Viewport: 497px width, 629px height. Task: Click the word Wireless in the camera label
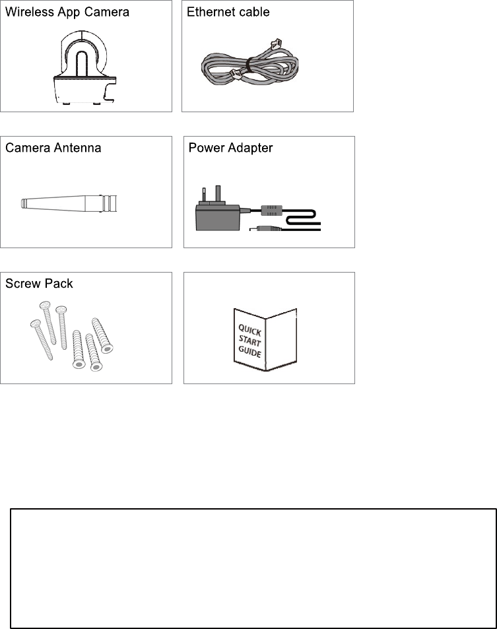[x=29, y=12]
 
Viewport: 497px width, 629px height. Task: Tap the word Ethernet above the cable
[x=211, y=12]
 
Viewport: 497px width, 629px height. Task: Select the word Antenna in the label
[x=77, y=148]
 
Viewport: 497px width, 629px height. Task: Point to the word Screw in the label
[x=23, y=284]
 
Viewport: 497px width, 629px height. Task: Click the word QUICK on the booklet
[x=249, y=331]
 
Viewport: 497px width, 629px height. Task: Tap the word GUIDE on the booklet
[x=249, y=352]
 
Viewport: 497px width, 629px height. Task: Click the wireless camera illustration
[x=84, y=67]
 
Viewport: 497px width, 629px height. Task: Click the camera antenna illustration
[x=69, y=203]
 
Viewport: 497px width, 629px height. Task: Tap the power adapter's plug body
[x=217, y=216]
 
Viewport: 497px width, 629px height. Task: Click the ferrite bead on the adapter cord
[x=271, y=210]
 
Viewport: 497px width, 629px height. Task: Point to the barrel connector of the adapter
[x=265, y=228]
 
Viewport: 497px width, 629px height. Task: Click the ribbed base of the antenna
[x=110, y=203]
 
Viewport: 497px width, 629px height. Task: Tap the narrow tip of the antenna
[x=23, y=203]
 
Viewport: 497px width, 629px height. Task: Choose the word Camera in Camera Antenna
[x=28, y=148]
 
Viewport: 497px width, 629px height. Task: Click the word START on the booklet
[x=249, y=341]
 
